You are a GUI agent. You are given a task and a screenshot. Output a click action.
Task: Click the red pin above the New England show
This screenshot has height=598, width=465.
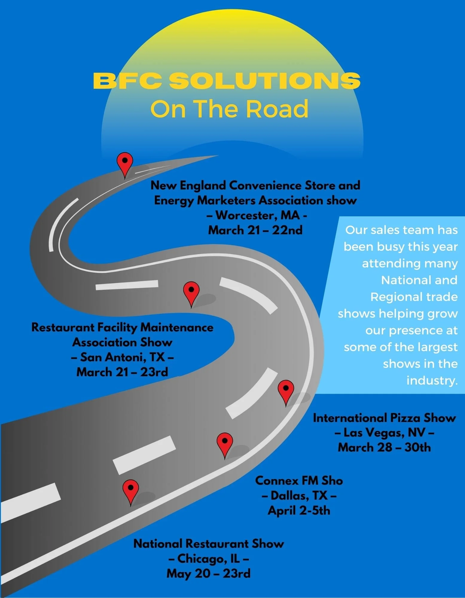pyautogui.click(x=125, y=162)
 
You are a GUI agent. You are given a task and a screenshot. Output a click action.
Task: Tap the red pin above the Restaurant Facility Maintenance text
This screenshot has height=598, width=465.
pyautogui.click(x=191, y=292)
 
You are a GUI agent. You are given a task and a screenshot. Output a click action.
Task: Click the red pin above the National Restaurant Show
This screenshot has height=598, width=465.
pyautogui.click(x=131, y=490)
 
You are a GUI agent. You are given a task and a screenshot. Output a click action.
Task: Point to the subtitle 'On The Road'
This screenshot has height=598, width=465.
pyautogui.click(x=229, y=109)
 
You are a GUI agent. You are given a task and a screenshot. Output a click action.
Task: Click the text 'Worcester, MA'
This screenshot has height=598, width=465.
pyautogui.click(x=257, y=215)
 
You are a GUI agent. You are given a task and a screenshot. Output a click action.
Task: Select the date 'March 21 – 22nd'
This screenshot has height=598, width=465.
pyautogui.click(x=255, y=230)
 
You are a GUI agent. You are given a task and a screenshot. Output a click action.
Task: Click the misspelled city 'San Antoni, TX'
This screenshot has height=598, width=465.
pyautogui.click(x=123, y=357)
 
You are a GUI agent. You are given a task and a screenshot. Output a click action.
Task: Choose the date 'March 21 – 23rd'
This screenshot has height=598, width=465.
pyautogui.click(x=122, y=372)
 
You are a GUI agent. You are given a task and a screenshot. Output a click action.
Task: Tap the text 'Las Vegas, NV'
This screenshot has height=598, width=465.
pyautogui.click(x=385, y=432)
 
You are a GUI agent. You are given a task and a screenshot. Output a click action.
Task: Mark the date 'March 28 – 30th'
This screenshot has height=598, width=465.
pyautogui.click(x=385, y=447)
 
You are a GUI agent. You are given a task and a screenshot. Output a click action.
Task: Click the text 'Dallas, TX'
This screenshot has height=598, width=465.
pyautogui.click(x=299, y=495)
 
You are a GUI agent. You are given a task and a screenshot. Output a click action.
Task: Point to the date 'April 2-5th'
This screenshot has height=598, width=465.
pyautogui.click(x=299, y=510)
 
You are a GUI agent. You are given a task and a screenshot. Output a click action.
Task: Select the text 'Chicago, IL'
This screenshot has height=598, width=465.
pyautogui.click(x=209, y=558)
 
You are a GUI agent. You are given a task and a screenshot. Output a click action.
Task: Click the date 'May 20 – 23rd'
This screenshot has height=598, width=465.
pyautogui.click(x=209, y=573)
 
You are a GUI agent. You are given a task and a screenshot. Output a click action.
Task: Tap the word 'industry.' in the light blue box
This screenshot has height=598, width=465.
pyautogui.click(x=432, y=380)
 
